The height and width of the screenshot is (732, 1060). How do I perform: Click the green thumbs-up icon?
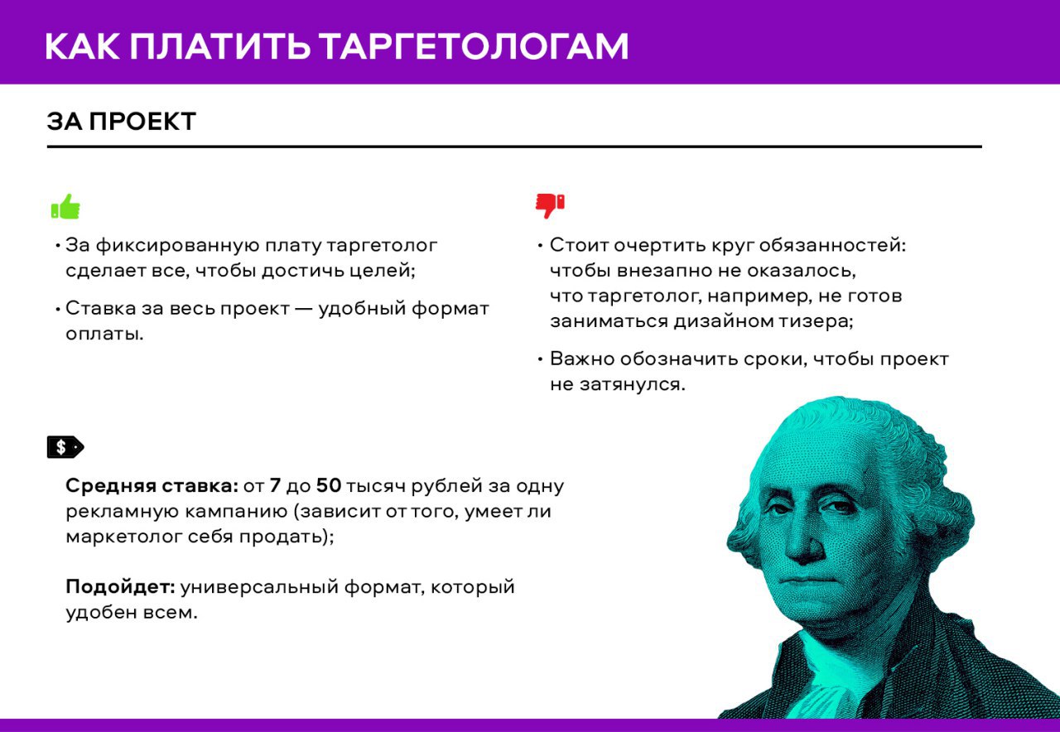click(65, 206)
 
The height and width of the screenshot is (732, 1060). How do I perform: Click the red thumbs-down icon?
click(550, 206)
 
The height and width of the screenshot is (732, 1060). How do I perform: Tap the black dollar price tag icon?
click(65, 446)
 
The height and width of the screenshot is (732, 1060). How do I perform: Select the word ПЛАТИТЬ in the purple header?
click(220, 46)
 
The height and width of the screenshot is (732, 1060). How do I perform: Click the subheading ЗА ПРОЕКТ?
click(121, 121)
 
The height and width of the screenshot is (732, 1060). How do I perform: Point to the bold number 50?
click(329, 485)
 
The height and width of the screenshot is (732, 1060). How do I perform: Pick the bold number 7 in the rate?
click(275, 485)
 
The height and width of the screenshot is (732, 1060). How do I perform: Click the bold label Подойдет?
click(120, 587)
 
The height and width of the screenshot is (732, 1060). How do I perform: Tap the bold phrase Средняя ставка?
click(152, 486)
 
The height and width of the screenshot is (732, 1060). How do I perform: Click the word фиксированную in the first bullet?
click(178, 246)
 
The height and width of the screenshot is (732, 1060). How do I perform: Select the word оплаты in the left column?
click(104, 335)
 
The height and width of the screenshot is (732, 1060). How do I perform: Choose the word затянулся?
click(632, 384)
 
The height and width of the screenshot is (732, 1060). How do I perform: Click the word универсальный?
click(260, 587)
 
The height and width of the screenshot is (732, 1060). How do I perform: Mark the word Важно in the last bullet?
click(582, 359)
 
